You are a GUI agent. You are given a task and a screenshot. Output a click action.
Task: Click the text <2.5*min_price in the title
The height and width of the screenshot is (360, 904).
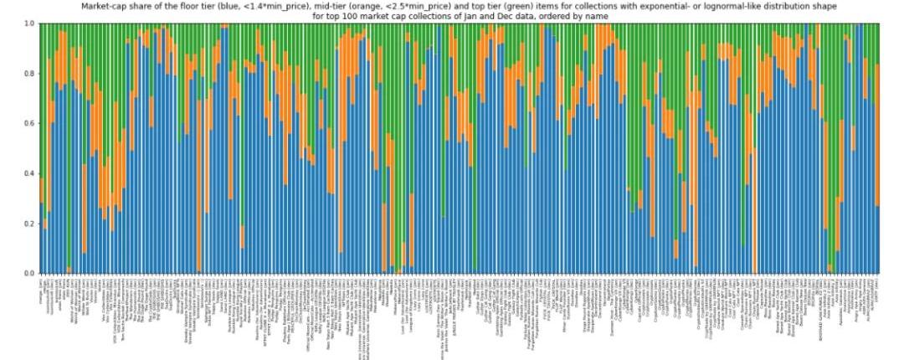point(444,6)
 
